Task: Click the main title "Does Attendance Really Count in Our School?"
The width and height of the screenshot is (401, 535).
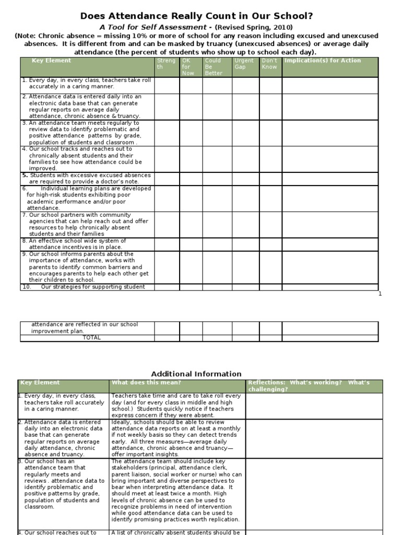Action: coord(200,16)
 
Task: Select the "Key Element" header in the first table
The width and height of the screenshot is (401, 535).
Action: coord(51,61)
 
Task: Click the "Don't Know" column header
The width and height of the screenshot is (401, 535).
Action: coord(270,64)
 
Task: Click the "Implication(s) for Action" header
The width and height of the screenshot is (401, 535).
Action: coord(322,61)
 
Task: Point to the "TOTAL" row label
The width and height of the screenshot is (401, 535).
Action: coord(91,338)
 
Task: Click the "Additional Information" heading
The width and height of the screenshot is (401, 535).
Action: coord(196,374)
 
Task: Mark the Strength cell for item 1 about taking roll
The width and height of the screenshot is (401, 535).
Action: coord(167,85)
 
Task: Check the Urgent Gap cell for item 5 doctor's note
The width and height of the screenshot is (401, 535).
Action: coord(245,179)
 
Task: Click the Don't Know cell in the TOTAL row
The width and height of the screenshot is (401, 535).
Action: coord(270,338)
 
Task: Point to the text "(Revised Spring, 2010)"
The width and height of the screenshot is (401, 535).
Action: coord(254,27)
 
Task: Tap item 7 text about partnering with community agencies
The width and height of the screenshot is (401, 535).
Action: coord(86,225)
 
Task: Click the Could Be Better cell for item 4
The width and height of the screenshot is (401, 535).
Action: coord(217,159)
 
